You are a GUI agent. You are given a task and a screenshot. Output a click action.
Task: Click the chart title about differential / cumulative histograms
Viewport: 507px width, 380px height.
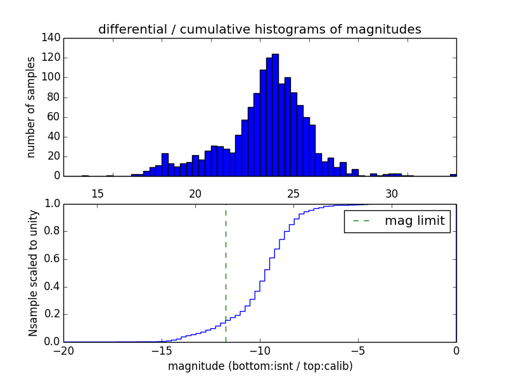[260, 29]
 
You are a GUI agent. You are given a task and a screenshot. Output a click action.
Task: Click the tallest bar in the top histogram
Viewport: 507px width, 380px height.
[275, 114]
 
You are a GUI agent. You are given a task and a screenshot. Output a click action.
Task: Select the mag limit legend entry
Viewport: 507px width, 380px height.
[397, 221]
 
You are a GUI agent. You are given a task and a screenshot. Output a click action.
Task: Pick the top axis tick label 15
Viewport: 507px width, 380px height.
[98, 193]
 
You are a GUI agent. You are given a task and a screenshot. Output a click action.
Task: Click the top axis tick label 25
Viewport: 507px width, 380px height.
[294, 193]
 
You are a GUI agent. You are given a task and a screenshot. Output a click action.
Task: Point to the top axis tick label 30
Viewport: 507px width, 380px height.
[392, 193]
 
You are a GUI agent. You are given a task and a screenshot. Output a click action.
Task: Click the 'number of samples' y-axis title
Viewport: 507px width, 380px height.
[31, 107]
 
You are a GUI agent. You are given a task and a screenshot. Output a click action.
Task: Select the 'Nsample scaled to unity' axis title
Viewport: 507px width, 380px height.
[33, 273]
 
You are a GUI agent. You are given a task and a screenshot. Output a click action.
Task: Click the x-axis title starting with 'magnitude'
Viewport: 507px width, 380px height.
[260, 366]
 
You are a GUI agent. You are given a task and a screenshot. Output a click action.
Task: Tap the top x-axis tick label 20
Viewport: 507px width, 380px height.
[196, 193]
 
